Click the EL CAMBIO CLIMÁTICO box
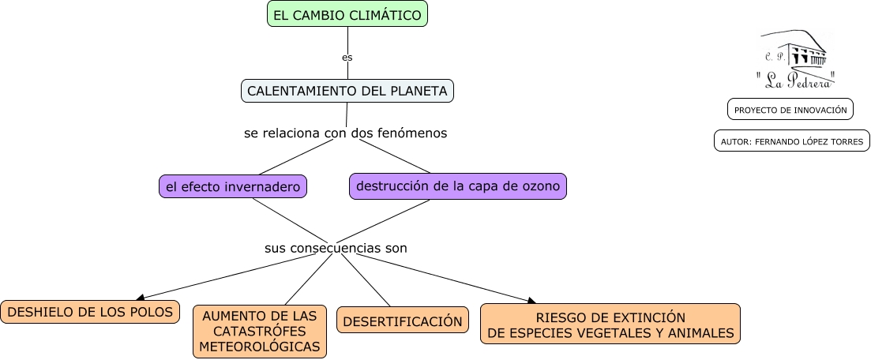coord(347,14)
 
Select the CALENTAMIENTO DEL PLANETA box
coord(347,91)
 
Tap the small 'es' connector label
coord(347,58)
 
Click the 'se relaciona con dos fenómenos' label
coord(346,133)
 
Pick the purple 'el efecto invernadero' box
coord(232,187)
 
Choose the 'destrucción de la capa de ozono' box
coord(458,186)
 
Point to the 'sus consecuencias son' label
coord(336,248)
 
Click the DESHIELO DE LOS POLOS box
coord(90,312)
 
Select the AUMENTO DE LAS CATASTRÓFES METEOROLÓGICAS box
coord(260,331)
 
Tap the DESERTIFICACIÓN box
coord(403,321)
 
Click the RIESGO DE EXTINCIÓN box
coord(610,324)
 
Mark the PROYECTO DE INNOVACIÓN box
coord(790,110)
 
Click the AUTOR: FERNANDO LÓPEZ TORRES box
coord(792,141)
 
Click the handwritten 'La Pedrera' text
coord(795,78)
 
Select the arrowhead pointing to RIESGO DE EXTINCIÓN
coord(531,300)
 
